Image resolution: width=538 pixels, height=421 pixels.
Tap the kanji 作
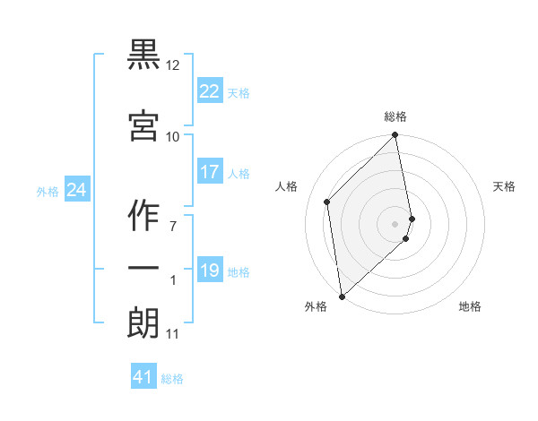pos(143,214)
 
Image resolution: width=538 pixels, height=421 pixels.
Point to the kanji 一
pos(143,269)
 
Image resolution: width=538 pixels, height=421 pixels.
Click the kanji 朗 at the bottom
pos(143,322)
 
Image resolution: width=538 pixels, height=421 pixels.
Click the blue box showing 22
pos(210,91)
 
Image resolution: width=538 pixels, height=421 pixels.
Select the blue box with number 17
pos(210,172)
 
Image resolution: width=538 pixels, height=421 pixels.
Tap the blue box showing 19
pos(210,271)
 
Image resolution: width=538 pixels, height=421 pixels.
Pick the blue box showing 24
pos(76,190)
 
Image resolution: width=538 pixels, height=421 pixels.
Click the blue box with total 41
pos(143,377)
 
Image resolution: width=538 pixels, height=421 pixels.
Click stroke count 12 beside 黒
pos(173,65)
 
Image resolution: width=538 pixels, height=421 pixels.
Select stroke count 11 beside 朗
pos(172,334)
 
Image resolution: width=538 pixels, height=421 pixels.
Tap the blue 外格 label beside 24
pos(48,191)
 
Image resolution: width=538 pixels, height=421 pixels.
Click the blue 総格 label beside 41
pos(172,379)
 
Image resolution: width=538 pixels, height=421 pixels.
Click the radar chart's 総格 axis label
pos(395,116)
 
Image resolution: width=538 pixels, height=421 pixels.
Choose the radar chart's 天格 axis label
pos(505,186)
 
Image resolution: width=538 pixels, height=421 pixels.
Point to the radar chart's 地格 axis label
pos(470,306)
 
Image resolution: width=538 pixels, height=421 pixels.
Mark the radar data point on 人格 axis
pos(327,202)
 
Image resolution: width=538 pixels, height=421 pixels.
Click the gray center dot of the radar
pos(395,223)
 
